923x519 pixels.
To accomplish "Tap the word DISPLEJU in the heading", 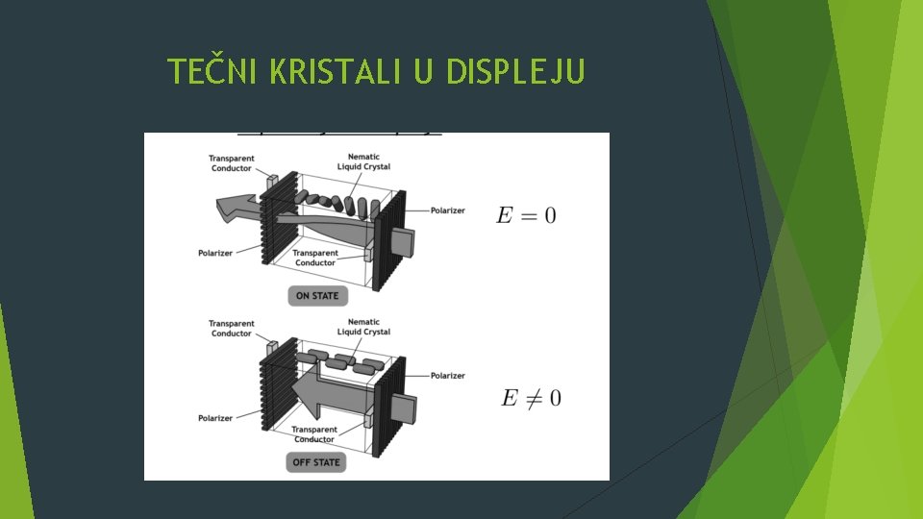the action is pos(514,71).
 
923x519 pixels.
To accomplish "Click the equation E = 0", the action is pos(525,214).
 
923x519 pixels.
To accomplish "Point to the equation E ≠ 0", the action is pos(531,397).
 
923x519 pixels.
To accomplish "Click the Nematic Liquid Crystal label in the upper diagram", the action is pos(363,161).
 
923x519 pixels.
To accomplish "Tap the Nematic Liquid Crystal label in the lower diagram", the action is pos(363,327).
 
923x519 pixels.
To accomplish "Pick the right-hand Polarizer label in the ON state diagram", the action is pos(447,210).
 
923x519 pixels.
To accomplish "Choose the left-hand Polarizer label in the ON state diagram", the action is pos(215,254).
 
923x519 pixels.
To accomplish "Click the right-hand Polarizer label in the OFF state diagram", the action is pos(447,376).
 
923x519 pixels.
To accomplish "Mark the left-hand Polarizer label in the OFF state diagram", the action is pos(215,418).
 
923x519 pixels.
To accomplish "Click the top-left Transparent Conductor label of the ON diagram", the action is pos(231,162).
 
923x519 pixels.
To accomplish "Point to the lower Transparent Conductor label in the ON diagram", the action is pos(314,258).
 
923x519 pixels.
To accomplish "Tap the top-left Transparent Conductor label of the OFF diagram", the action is pos(231,328).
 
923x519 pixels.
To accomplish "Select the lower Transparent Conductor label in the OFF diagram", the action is pos(314,434).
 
